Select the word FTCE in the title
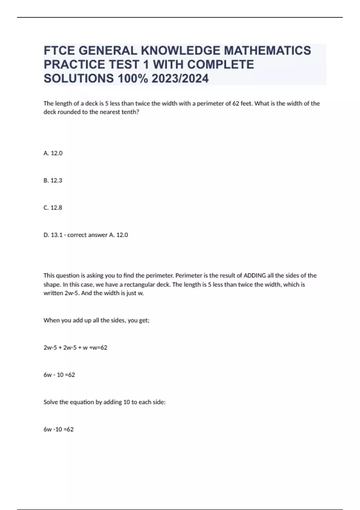[59, 50]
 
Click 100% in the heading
[133, 79]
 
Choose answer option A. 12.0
[53, 153]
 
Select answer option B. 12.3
[53, 181]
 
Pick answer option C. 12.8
[53, 208]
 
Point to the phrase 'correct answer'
[87, 235]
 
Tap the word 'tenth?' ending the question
[131, 112]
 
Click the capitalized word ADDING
[254, 275]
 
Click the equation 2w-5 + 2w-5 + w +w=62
[75, 348]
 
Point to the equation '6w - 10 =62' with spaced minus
[59, 375]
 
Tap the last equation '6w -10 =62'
[58, 429]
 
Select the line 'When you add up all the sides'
[96, 320]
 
